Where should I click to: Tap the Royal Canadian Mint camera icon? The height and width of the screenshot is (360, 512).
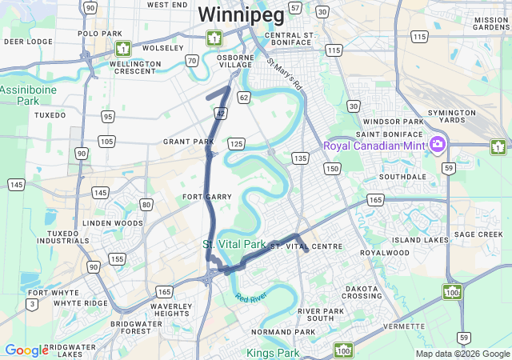pyautogui.click(x=437, y=145)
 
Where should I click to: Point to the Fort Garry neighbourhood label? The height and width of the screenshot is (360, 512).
pyautogui.click(x=207, y=196)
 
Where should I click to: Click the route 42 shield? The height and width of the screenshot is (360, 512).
pyautogui.click(x=219, y=114)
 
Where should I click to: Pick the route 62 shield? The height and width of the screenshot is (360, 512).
pyautogui.click(x=244, y=97)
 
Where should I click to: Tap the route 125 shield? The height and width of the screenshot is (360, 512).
pyautogui.click(x=235, y=143)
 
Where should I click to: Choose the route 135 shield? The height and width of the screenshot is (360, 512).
pyautogui.click(x=300, y=158)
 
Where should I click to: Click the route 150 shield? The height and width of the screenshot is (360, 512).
pyautogui.click(x=332, y=168)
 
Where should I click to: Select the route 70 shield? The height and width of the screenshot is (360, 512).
pyautogui.click(x=192, y=60)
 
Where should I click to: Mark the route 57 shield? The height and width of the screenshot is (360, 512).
pyautogui.click(x=295, y=8)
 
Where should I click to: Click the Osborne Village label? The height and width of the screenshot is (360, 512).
pyautogui.click(x=234, y=63)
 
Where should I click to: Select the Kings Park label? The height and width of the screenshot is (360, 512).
pyautogui.click(x=273, y=352)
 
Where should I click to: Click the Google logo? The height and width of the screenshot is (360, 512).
pyautogui.click(x=26, y=350)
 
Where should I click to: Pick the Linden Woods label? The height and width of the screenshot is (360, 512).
pyautogui.click(x=112, y=222)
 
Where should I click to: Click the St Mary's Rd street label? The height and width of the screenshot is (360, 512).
pyautogui.click(x=286, y=74)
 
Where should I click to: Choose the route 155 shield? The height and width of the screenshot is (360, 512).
pyautogui.click(x=118, y=258)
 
